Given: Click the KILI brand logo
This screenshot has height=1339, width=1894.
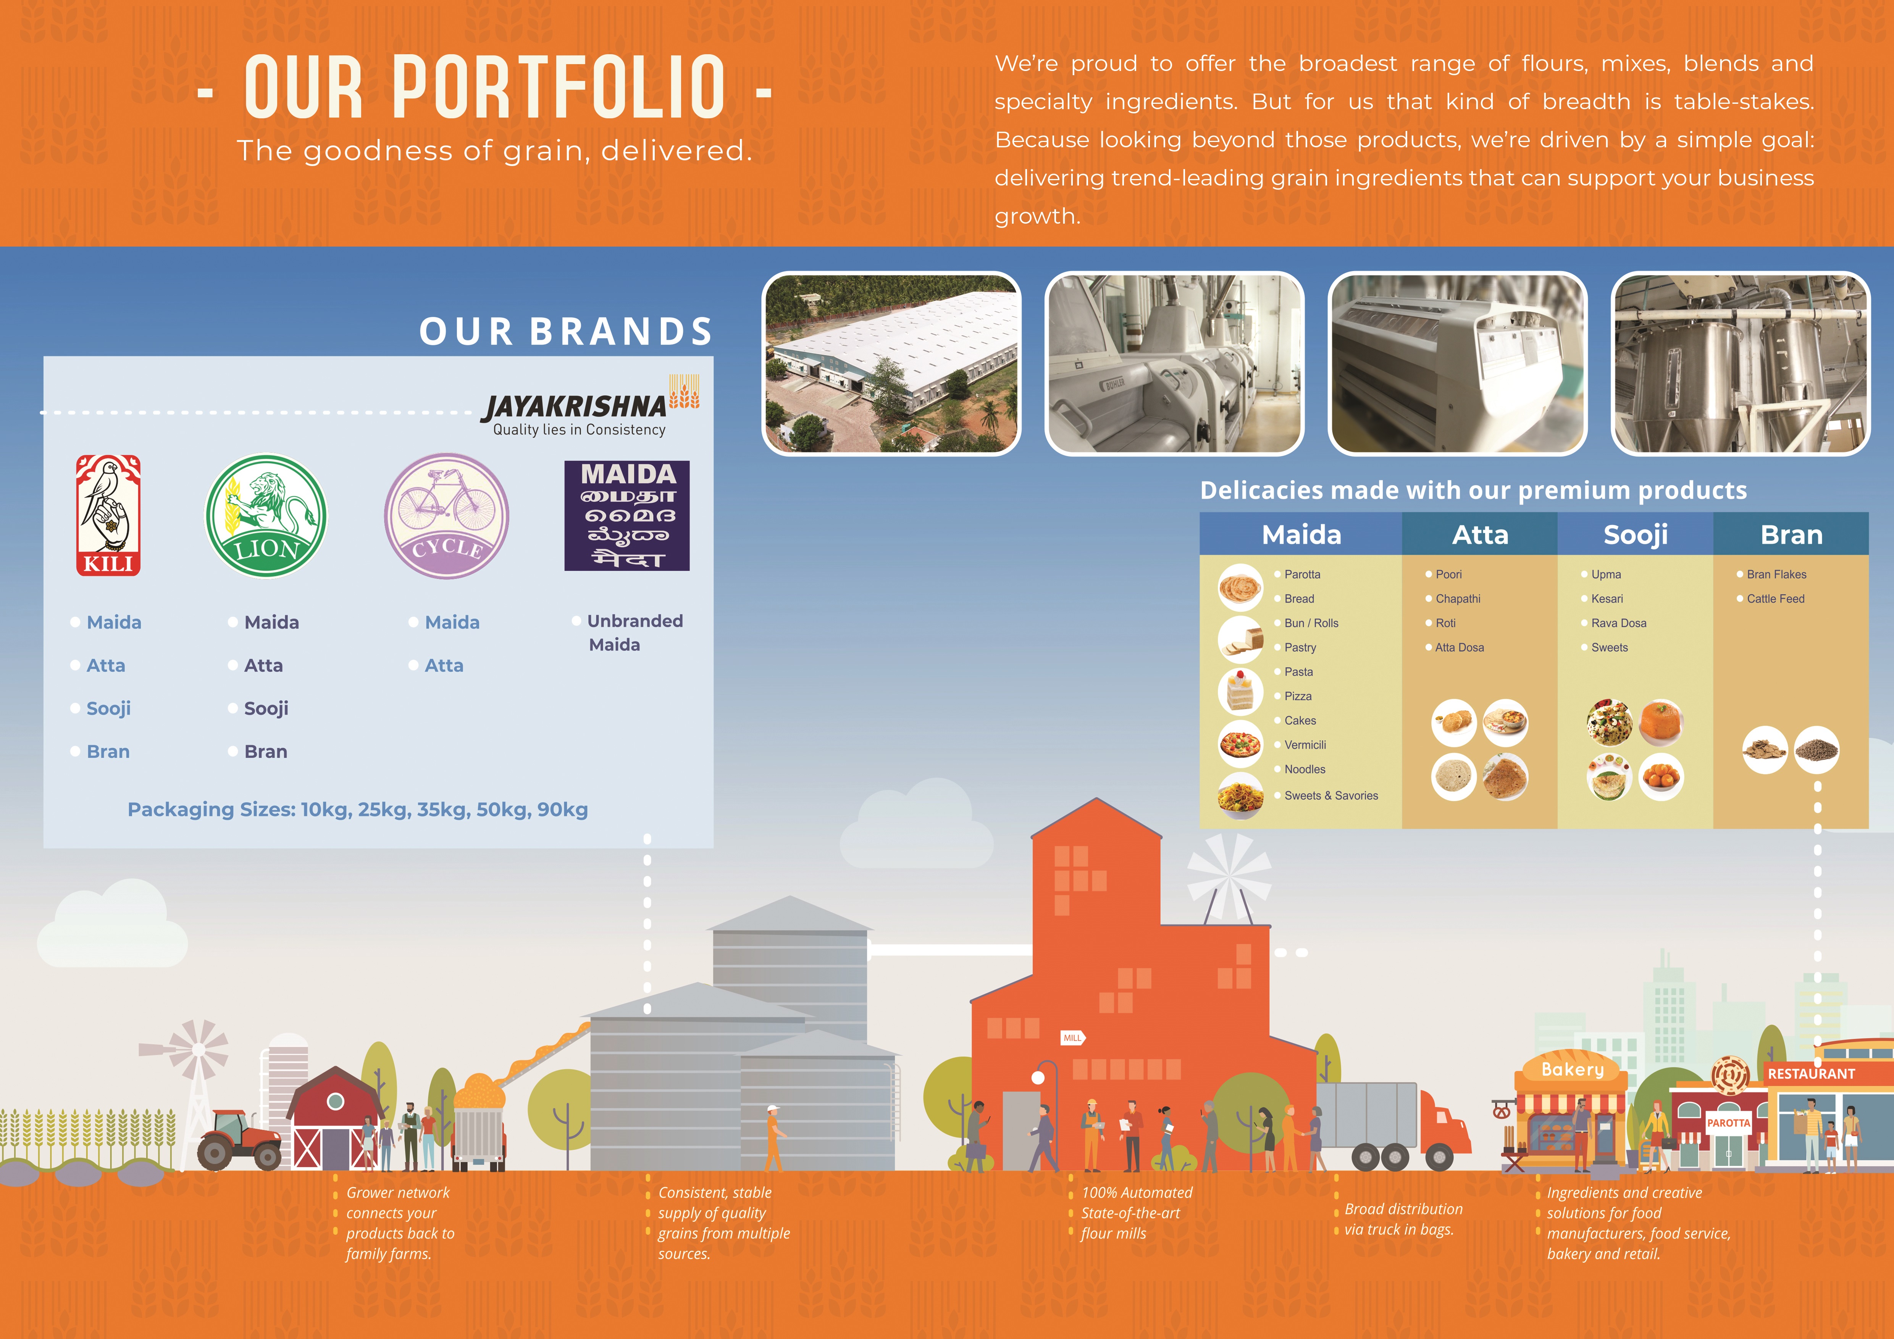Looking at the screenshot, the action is point(108,515).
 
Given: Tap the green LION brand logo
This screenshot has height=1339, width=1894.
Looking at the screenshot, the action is point(266,516).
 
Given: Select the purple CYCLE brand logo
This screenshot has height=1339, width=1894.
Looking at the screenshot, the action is point(446,516).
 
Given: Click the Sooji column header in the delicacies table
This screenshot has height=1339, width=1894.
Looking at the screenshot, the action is point(1635,534).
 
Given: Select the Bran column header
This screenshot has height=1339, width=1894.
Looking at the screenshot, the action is point(1791,534).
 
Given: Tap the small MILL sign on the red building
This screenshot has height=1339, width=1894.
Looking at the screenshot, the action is point(1072,1038).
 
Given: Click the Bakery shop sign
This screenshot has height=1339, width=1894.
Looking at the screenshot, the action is point(1572,1070).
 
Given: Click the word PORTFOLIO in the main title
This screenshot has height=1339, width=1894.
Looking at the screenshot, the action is point(559,87).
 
